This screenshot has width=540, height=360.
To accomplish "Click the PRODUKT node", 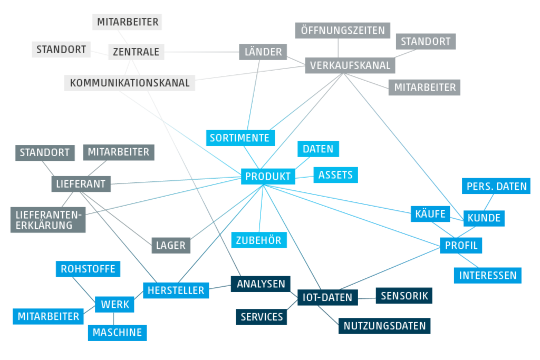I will (x=268, y=177).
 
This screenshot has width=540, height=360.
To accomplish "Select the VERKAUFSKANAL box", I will (x=350, y=65).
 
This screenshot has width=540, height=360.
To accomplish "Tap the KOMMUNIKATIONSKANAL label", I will (x=130, y=83).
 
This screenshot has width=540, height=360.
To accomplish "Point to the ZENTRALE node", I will (x=136, y=52).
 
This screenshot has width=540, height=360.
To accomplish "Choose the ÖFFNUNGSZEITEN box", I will (x=343, y=31).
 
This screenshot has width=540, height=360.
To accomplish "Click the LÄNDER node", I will (x=264, y=52).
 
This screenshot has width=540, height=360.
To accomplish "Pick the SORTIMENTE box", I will (x=240, y=138).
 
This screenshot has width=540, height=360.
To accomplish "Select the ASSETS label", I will (x=336, y=174).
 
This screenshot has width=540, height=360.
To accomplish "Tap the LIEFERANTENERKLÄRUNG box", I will (x=48, y=220).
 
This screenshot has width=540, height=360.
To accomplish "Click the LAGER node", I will (x=171, y=245).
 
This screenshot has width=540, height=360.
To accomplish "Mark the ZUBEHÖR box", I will (x=259, y=240).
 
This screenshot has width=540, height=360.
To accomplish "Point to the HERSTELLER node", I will (x=176, y=290).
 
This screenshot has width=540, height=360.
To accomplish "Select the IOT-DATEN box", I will (x=327, y=298).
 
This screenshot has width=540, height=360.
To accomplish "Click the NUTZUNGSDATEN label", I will (x=384, y=326).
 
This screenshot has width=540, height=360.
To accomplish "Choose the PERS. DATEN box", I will (x=496, y=186).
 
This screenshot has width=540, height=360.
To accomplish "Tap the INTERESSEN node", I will (x=487, y=275).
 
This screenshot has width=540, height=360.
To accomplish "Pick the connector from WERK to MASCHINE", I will (x=114, y=318).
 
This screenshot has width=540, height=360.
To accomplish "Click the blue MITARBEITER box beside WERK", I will (x=49, y=316).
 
